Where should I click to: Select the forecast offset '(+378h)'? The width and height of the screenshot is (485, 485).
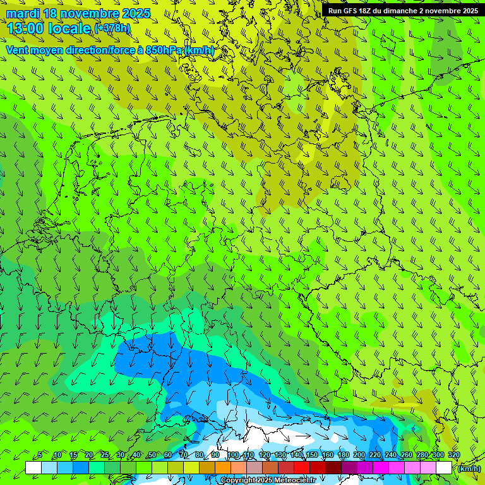(112, 28)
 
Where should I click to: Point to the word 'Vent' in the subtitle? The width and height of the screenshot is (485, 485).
(18, 50)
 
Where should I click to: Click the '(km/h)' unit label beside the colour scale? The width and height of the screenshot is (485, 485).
(469, 469)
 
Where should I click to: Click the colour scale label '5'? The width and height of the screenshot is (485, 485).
(40, 455)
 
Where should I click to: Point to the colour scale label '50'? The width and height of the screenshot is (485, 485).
(152, 455)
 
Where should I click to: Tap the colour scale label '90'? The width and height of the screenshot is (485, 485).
(215, 455)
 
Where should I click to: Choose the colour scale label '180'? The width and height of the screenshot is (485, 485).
(343, 455)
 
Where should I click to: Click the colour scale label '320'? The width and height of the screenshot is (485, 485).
(453, 455)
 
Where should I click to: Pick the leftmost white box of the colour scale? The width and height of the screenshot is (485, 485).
(33, 467)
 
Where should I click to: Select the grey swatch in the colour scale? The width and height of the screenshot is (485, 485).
(254, 467)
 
